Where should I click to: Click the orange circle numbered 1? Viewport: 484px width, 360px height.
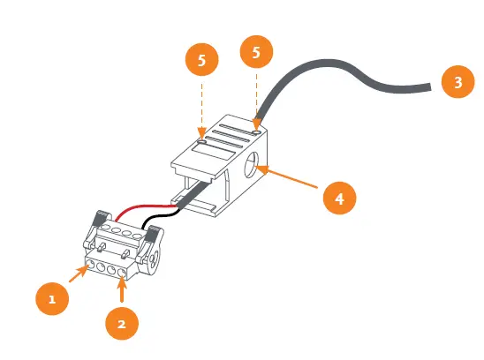coord(52,298)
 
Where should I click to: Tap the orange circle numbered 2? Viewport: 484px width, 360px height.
coord(121,324)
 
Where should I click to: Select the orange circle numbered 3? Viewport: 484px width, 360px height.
coord(457,84)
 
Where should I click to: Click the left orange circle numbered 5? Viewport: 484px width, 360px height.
coord(202,61)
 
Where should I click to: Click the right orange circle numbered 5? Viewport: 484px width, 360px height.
coord(256,53)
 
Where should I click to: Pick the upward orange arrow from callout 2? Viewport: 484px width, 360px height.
coord(122,291)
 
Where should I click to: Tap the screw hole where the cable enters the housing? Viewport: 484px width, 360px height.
coord(255,131)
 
